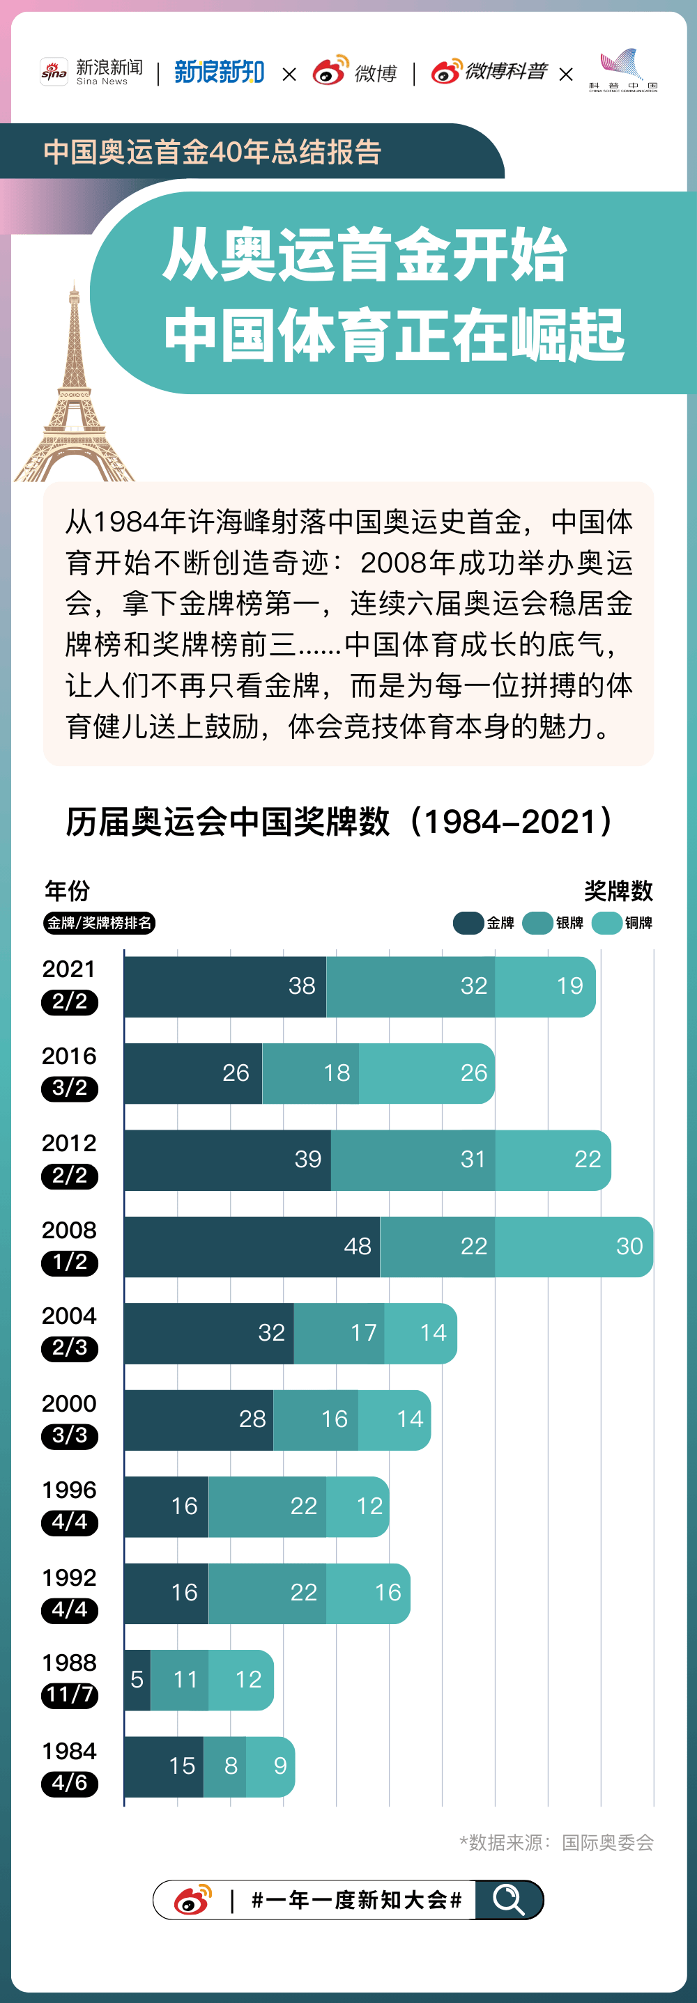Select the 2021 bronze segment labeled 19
point(544,986)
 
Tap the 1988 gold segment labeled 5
point(137,1680)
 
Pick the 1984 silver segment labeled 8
point(225,1766)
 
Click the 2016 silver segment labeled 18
point(310,1073)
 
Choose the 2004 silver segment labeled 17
point(339,1333)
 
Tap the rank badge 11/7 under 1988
point(70,1695)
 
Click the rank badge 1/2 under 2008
point(70,1262)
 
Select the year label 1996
point(69,1490)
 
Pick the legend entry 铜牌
point(622,923)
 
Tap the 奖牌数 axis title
point(618,890)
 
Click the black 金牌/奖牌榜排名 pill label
point(99,923)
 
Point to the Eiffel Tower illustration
point(73,389)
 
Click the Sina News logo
point(92,72)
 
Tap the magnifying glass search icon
point(509,1900)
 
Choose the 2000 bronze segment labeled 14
point(394,1419)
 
